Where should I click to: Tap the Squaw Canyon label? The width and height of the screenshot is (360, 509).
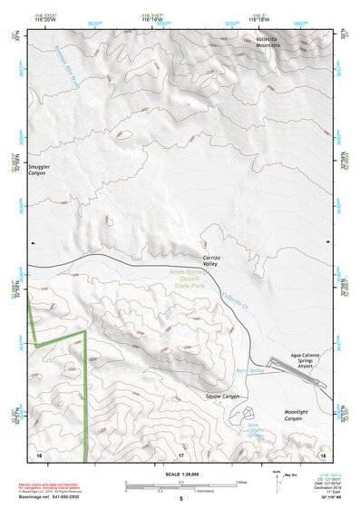tap(224, 396)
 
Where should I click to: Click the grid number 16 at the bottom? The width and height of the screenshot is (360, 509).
tap(39, 453)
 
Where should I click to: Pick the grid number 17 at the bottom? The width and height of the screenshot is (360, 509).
tap(181, 453)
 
